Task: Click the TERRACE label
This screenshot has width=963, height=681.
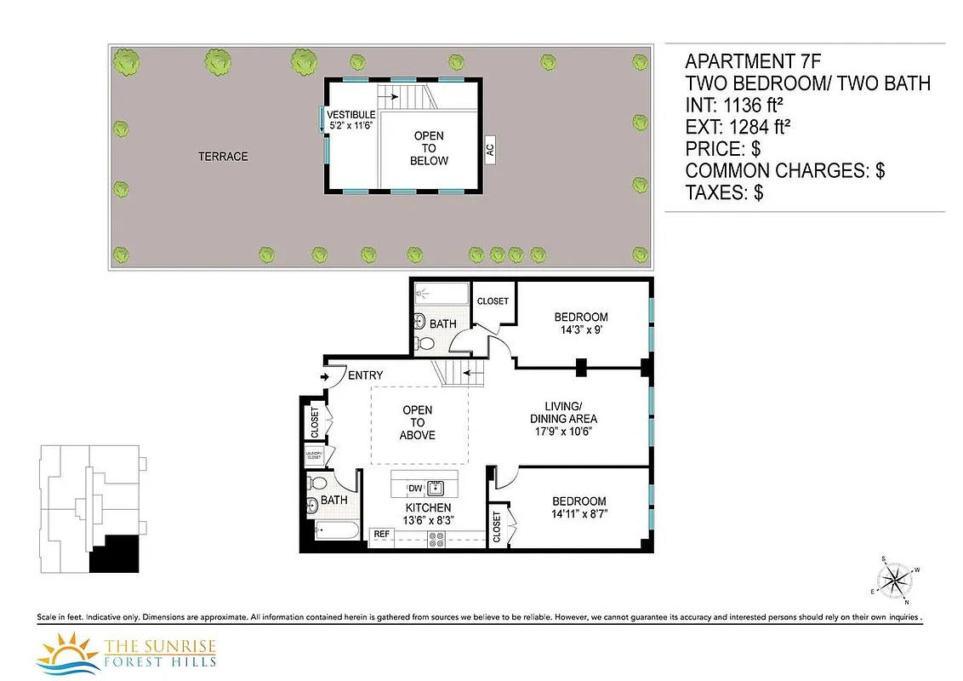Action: (223, 157)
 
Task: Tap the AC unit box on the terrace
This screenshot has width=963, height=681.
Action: (489, 150)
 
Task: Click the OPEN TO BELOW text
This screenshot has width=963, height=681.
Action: (429, 148)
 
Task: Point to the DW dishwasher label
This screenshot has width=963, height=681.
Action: (415, 488)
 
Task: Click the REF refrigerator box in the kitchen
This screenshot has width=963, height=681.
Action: (382, 534)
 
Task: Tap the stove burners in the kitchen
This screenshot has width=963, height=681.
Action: (436, 538)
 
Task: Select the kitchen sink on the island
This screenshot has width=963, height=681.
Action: (437, 488)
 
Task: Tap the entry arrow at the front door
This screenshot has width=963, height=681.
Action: (325, 376)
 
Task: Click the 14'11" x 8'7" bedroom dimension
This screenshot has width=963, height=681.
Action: (578, 514)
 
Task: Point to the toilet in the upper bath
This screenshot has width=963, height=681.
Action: (421, 324)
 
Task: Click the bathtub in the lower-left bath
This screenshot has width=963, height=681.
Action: (336, 532)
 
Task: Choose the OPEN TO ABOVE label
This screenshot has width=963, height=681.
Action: (418, 422)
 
